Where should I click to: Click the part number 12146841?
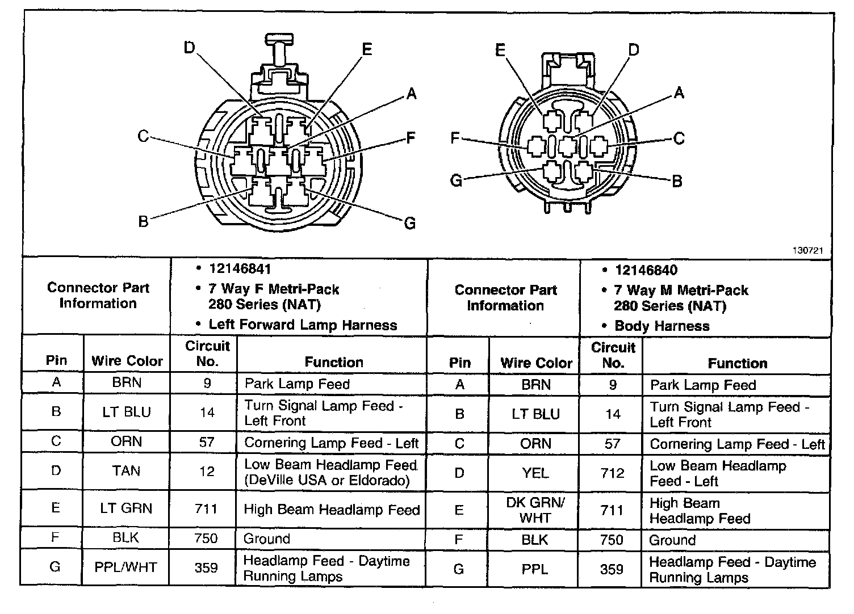(240, 269)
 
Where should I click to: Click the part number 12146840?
(646, 270)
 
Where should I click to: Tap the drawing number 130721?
(808, 250)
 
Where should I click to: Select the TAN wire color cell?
(126, 471)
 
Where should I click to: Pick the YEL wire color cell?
(535, 473)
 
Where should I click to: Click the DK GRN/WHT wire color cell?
(535, 510)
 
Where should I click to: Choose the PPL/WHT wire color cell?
(126, 567)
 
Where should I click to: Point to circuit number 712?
(612, 473)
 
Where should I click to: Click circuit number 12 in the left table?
(207, 471)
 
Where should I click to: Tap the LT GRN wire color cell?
(126, 508)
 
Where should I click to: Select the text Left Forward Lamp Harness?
(303, 325)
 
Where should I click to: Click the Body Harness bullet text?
(662, 326)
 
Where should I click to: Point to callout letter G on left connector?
(410, 223)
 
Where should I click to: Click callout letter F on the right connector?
(455, 138)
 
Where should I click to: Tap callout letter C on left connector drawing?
(143, 136)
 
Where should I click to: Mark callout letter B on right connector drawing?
(677, 181)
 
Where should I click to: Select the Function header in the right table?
(737, 363)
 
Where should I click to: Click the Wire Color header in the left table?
(127, 361)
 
